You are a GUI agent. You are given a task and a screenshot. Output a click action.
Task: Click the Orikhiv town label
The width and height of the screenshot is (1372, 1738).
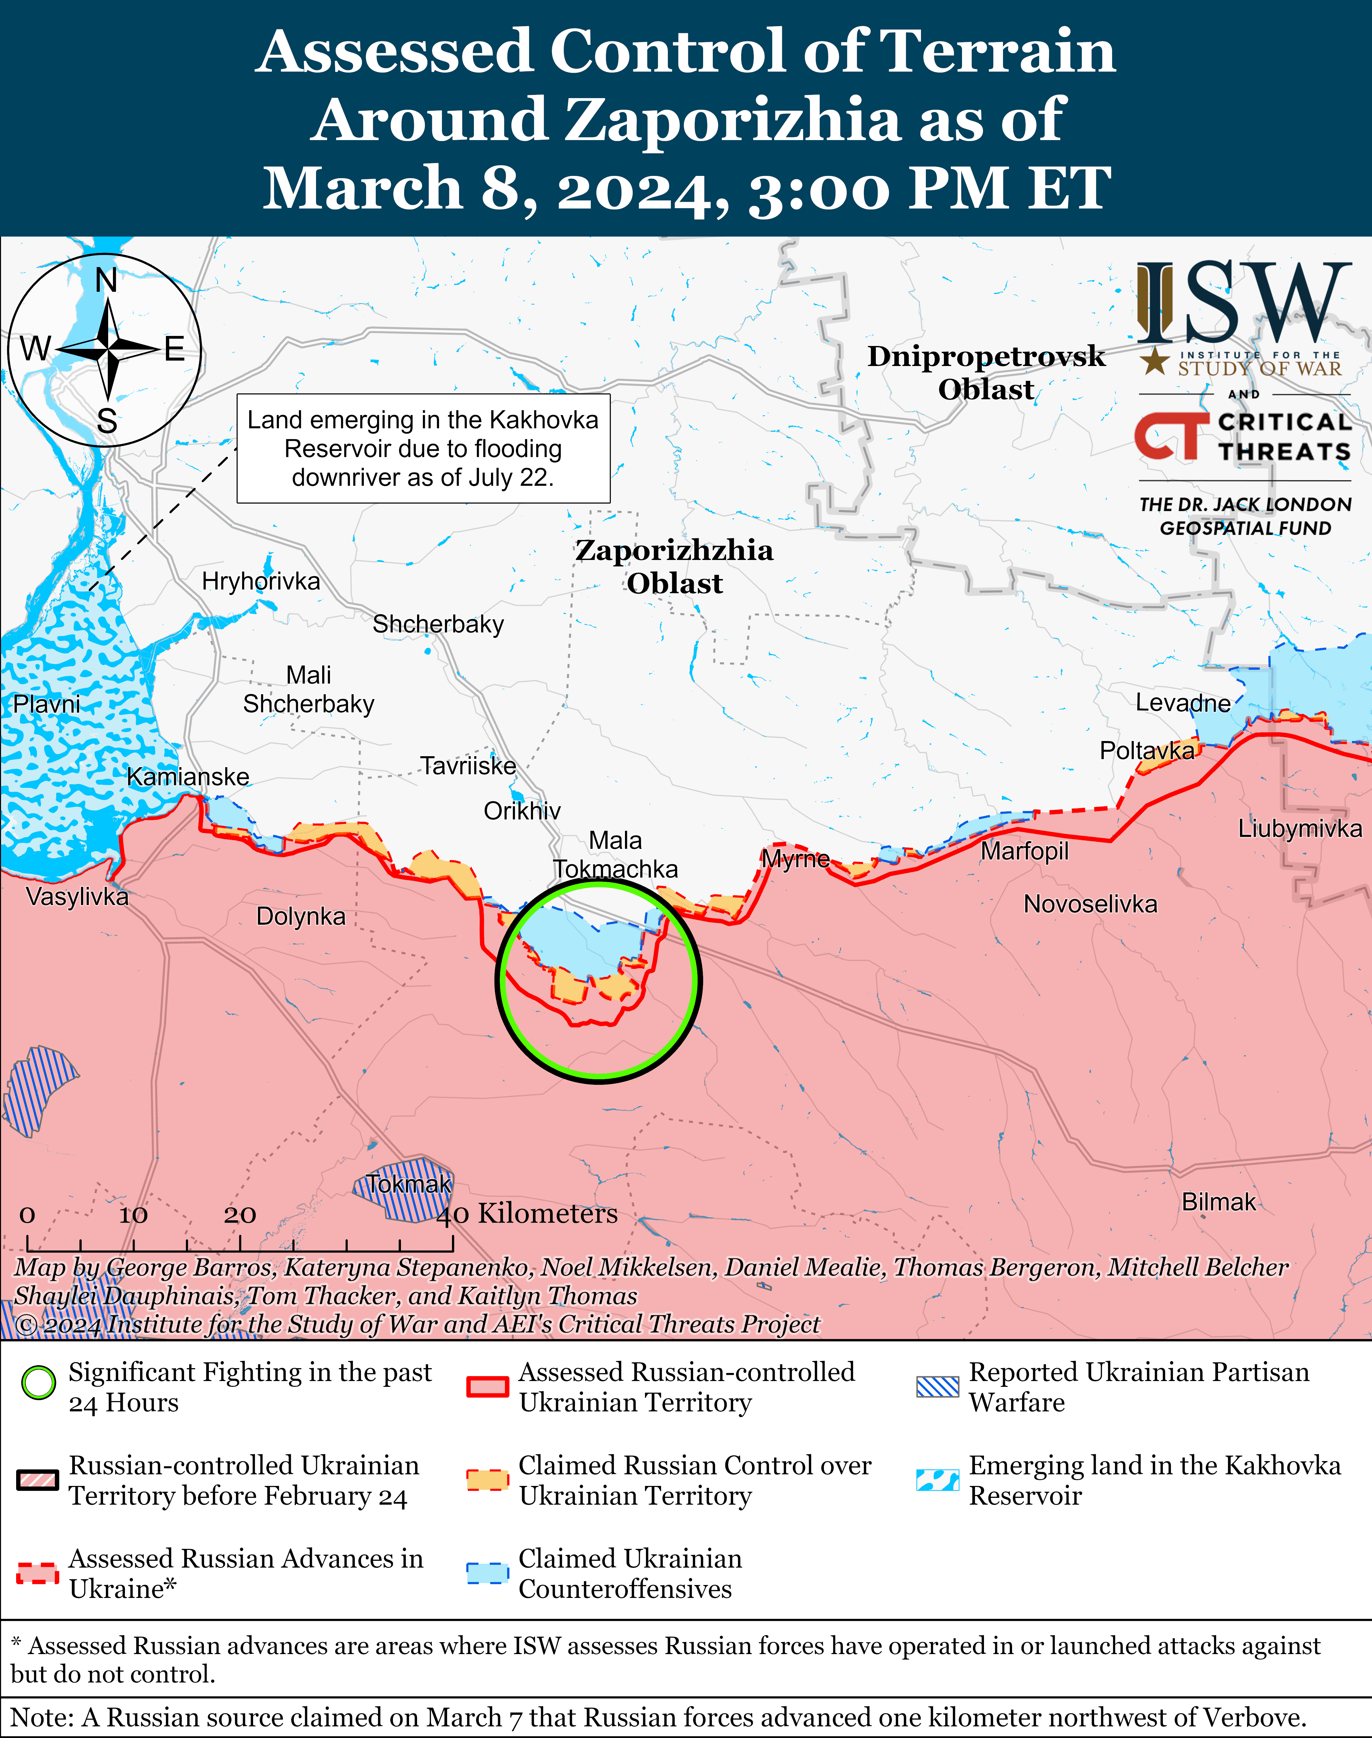click(x=522, y=811)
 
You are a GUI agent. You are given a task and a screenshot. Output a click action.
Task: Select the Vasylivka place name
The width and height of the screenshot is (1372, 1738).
click(x=77, y=896)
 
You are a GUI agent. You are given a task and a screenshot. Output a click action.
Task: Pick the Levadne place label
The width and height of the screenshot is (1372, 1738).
click(x=1183, y=704)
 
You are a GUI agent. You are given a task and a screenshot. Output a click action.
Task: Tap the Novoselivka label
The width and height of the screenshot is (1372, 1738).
click(x=1090, y=904)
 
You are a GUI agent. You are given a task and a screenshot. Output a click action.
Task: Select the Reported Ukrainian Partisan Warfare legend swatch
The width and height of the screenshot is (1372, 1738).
click(x=937, y=1386)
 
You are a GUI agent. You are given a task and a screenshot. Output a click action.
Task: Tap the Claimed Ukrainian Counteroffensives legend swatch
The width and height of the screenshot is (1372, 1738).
click(x=487, y=1572)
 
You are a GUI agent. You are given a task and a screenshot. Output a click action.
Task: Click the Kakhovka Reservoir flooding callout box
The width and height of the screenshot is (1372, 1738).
click(x=423, y=448)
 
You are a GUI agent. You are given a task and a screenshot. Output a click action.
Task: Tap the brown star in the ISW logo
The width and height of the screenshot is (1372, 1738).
click(x=1155, y=361)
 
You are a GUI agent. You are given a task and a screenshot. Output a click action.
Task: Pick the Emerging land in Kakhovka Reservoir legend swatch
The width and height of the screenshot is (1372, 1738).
click(x=937, y=1479)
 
